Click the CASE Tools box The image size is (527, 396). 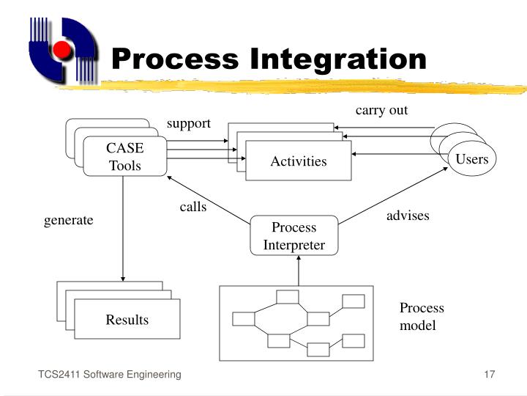point(125,156)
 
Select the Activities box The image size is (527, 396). point(298,161)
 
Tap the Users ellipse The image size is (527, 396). point(471,159)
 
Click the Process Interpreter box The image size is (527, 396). point(294,235)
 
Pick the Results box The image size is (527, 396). point(127,319)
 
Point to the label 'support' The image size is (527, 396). point(188,123)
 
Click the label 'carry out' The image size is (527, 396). point(381,111)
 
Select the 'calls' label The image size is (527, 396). point(193,207)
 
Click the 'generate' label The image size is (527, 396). point(69,220)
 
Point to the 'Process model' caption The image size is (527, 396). point(421,316)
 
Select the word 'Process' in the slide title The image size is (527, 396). point(176,59)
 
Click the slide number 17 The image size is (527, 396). point(490,375)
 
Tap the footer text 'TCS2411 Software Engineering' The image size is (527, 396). point(110,375)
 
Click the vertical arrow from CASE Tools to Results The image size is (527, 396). point(123,227)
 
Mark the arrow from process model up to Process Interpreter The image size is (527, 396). point(299,270)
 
